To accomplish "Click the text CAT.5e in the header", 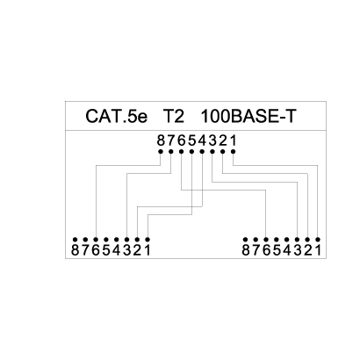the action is (117, 116).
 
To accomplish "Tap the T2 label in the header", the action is (173, 116).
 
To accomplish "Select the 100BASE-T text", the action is (248, 116).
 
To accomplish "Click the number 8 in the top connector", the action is (161, 140).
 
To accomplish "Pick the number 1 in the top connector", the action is (233, 140).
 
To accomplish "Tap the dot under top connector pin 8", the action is (161, 151).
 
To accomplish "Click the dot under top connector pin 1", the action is (234, 151).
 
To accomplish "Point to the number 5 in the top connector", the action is (192, 140).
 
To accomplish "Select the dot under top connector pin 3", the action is (212, 151).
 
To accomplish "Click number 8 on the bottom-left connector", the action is (76, 250).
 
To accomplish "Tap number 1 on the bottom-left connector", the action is (148, 250).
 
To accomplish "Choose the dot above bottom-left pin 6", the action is (96, 240).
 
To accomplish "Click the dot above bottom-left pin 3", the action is (126, 240).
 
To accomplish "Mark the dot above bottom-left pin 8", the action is (75, 240).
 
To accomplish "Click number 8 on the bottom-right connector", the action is (246, 250).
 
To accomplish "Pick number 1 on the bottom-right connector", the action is (318, 250).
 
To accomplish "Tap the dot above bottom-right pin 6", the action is (266, 240).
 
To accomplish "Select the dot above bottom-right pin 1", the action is (318, 240).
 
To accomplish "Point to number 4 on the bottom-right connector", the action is (287, 250).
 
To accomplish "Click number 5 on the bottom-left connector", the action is (106, 250).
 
